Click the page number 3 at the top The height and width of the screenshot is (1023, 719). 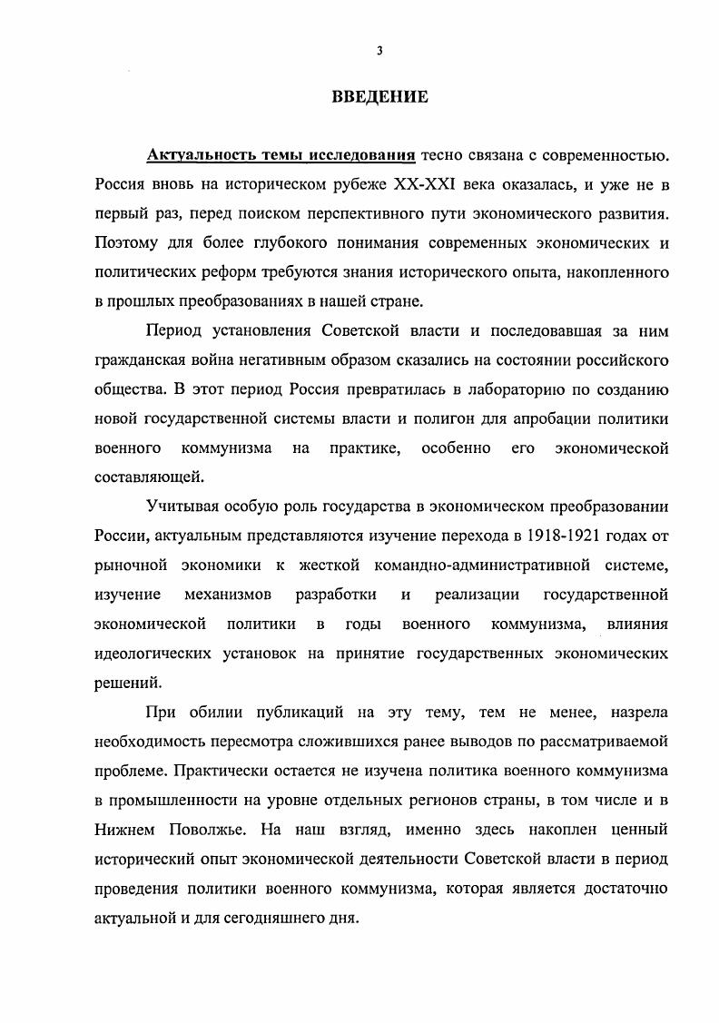(379, 52)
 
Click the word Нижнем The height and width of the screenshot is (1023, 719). (125, 830)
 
